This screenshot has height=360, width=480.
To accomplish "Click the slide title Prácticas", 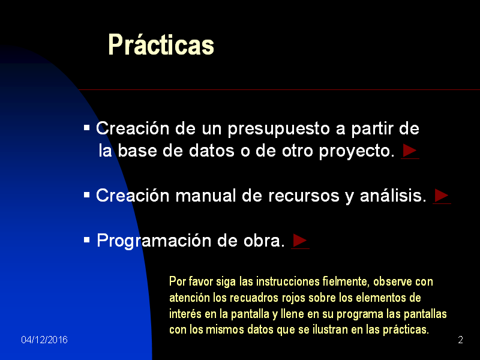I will click(x=161, y=45).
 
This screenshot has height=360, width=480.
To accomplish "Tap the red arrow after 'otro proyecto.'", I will click(x=410, y=150).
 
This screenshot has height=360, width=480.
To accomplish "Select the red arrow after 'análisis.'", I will click(x=442, y=195).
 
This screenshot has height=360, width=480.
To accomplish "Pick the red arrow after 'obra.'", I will click(x=300, y=241).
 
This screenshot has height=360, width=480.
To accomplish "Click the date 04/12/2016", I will click(x=44, y=340).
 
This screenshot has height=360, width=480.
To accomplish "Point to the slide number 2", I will click(x=460, y=340).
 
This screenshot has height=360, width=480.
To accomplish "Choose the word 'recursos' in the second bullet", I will click(x=303, y=196).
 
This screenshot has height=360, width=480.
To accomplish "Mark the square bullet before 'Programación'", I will click(x=87, y=240).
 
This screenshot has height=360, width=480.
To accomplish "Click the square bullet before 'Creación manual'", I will click(x=87, y=194).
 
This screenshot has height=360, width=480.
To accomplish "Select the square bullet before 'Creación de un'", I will click(x=87, y=128).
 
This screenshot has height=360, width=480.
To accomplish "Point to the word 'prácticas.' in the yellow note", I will click(x=406, y=330).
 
